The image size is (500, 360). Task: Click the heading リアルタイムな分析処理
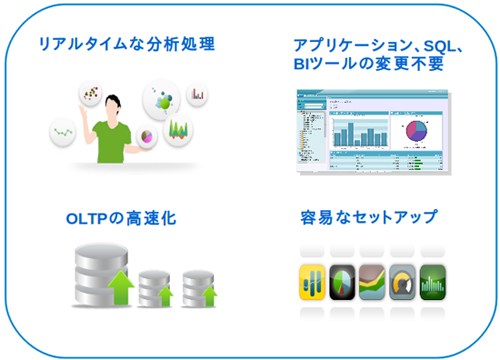(125, 45)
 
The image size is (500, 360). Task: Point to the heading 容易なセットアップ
(369, 216)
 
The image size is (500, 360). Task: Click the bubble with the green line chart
(66, 130)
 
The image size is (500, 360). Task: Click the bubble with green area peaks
(178, 129)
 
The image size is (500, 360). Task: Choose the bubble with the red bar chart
(198, 95)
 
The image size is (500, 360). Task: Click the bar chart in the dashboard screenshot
(358, 131)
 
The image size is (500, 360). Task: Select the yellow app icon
(315, 283)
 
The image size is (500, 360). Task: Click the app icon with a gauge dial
(403, 283)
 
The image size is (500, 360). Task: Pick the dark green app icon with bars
(433, 283)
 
